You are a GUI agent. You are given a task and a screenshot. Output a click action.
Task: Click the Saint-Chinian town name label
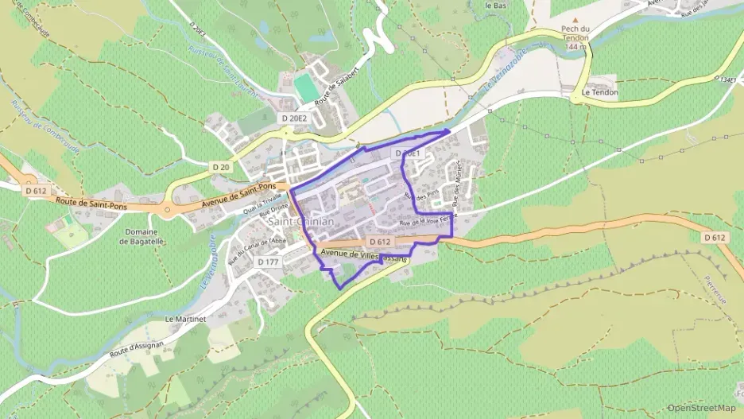[x=301, y=222]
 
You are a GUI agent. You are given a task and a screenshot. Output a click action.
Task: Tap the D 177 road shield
[x=269, y=262]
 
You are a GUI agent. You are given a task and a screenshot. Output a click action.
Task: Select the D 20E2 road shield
[x=293, y=118]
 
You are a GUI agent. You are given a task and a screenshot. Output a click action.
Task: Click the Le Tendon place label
[x=599, y=92]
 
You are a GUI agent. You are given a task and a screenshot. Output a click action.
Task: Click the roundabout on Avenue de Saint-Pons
[x=167, y=211]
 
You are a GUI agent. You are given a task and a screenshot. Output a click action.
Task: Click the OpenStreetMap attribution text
[x=702, y=408]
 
